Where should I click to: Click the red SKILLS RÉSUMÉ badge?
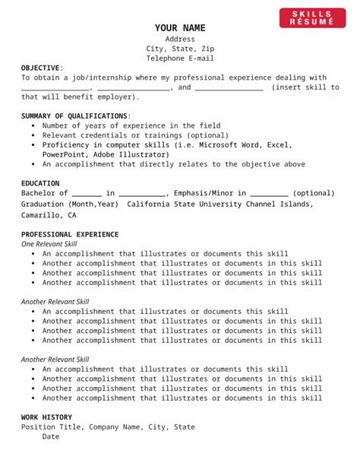[x=312, y=18]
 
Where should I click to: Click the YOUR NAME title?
[x=180, y=28]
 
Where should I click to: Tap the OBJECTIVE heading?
[x=40, y=68]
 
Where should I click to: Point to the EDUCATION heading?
[x=41, y=183]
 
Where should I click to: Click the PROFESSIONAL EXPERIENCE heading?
[x=70, y=234]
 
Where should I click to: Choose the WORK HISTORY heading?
[x=46, y=417]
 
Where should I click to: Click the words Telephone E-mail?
[x=180, y=58]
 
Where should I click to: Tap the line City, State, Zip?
[x=180, y=49]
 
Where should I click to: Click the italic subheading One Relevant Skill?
[x=49, y=244]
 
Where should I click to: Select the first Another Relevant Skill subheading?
[x=55, y=302]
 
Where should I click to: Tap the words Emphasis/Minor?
[x=201, y=193]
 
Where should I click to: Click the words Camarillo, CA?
[x=49, y=215]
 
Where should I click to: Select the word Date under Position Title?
[x=51, y=437]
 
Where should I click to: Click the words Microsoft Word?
[x=227, y=144]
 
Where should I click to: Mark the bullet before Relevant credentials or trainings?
[x=34, y=135]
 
